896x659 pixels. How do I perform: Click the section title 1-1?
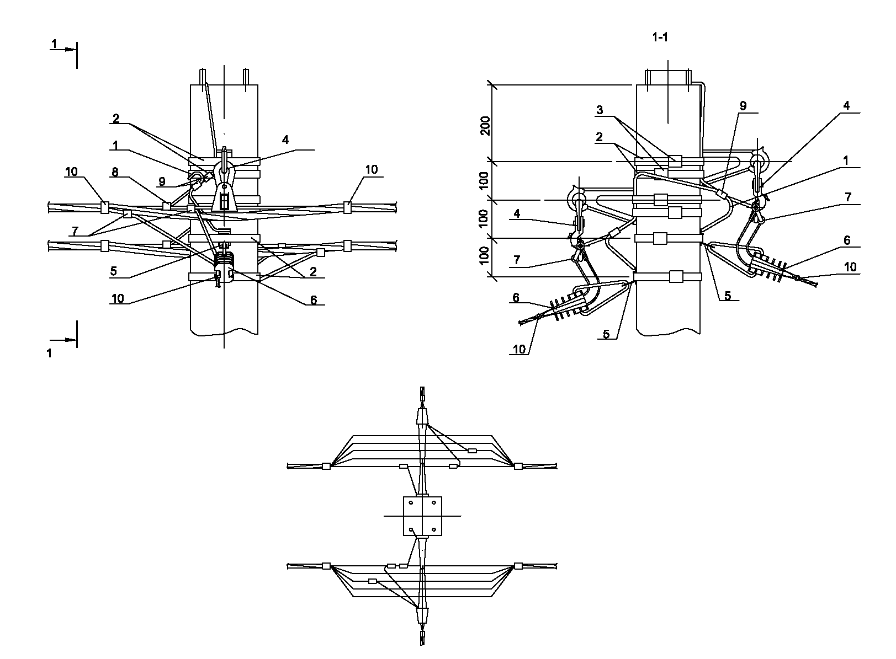(660, 37)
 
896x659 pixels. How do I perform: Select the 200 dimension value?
(485, 126)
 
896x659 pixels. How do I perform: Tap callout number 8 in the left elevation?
(115, 172)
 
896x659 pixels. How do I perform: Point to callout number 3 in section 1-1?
(599, 110)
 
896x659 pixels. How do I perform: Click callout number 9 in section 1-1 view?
(743, 106)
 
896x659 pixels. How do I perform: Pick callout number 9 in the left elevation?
(162, 182)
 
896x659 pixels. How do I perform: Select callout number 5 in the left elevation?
(114, 271)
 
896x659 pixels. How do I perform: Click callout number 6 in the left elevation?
(314, 300)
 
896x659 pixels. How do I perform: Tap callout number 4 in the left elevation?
(285, 140)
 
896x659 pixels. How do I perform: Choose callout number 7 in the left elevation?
(75, 231)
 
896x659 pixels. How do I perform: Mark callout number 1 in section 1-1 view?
(846, 160)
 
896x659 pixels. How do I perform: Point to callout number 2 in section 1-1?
(599, 137)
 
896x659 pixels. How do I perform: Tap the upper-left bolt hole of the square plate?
(411, 503)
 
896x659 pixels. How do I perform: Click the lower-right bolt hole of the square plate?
(434, 529)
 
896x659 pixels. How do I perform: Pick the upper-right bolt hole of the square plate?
(434, 503)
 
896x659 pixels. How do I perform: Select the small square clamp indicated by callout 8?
(167, 206)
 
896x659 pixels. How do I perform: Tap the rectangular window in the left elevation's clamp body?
(224, 202)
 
